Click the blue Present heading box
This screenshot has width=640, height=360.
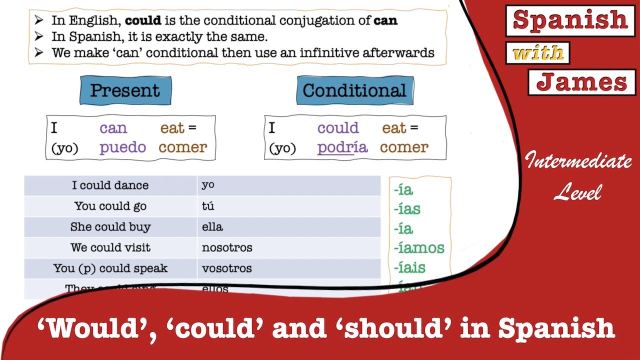[x=125, y=90]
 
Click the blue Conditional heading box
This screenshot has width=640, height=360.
[x=354, y=90]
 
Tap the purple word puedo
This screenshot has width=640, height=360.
[x=122, y=147]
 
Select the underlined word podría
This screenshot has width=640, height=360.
[x=342, y=147]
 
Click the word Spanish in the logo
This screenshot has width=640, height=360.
[x=570, y=20]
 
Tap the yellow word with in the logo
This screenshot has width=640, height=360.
[x=538, y=52]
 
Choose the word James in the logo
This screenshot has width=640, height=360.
[x=581, y=82]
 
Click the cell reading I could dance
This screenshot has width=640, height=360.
[x=110, y=185]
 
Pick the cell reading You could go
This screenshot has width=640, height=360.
[x=110, y=206]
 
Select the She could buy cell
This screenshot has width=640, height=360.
[x=110, y=227]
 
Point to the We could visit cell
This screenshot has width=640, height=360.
[x=110, y=247]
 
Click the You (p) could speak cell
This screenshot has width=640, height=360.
[x=110, y=268]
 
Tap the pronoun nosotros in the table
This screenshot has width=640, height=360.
[x=227, y=247]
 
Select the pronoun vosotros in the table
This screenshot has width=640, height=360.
[x=226, y=268]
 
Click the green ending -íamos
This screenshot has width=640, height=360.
[x=418, y=247]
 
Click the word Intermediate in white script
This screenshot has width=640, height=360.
[x=578, y=161]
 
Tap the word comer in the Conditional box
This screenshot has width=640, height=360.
[x=404, y=147]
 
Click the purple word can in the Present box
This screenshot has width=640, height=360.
[x=113, y=128]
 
